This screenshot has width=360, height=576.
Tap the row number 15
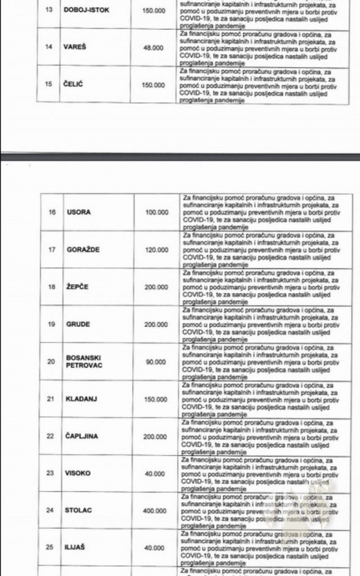pos(48,85)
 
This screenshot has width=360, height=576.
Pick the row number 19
pos(52,325)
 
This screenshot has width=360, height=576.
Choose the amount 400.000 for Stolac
pos(155,511)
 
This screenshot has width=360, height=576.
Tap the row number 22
pos(52,436)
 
